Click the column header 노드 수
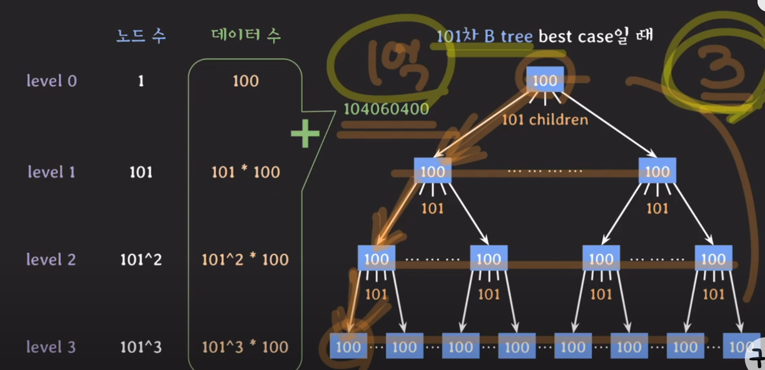(x=141, y=36)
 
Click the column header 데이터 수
(x=245, y=35)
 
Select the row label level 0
(x=52, y=81)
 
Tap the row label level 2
(x=51, y=260)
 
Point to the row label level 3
(x=51, y=347)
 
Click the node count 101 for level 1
(x=141, y=172)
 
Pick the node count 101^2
(x=141, y=260)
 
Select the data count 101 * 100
(x=245, y=172)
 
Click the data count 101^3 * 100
(x=245, y=347)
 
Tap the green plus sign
(x=305, y=134)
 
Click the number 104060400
(x=386, y=109)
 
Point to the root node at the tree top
(x=545, y=80)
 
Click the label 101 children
(x=545, y=120)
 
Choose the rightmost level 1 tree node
(x=657, y=171)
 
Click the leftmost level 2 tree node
(x=376, y=258)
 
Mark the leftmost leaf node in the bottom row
(x=348, y=347)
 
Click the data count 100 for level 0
(x=245, y=81)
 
